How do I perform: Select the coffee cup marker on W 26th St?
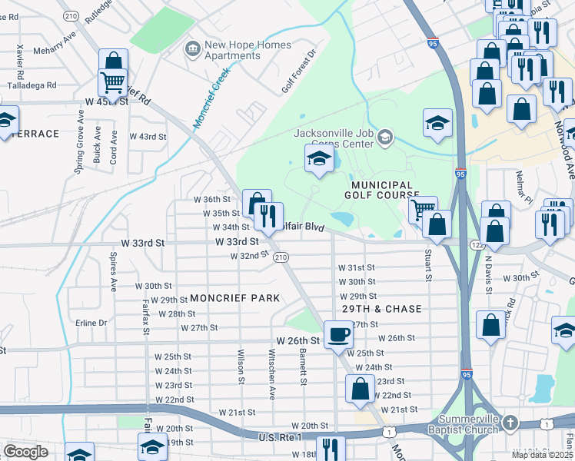(337, 335)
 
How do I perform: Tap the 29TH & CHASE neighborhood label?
(381, 309)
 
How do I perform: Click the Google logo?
(25, 452)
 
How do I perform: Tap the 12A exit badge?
(477, 244)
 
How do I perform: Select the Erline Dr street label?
(91, 323)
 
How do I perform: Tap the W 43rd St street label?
(148, 137)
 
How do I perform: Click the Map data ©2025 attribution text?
(542, 455)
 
